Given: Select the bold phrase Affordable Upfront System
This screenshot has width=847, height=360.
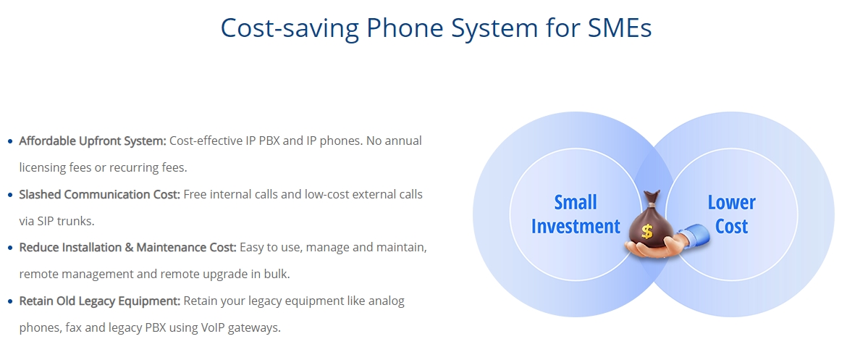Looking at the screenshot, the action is (93, 141).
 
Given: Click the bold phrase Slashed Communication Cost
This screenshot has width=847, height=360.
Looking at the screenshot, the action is (100, 194).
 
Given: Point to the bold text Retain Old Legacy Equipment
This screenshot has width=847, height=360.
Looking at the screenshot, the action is (100, 301).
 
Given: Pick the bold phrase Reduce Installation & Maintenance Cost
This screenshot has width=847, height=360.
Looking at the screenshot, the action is (128, 248).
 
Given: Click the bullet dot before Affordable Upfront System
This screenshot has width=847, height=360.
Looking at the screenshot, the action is (9, 142).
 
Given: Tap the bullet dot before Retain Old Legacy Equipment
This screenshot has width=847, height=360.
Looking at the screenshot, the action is (9, 301).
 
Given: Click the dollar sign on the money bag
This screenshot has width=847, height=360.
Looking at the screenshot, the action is (647, 232).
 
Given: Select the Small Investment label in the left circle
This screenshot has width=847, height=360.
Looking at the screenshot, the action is (576, 214).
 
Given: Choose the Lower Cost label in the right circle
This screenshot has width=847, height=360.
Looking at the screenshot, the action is (732, 214).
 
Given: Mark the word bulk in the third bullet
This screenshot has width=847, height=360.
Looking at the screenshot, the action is (278, 274).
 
